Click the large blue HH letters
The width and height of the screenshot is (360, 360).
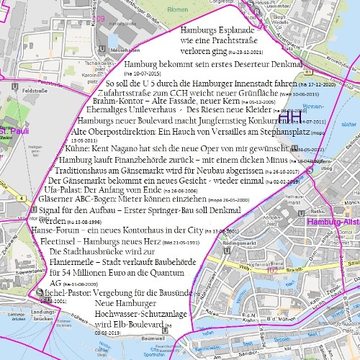(x=290, y=115)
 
